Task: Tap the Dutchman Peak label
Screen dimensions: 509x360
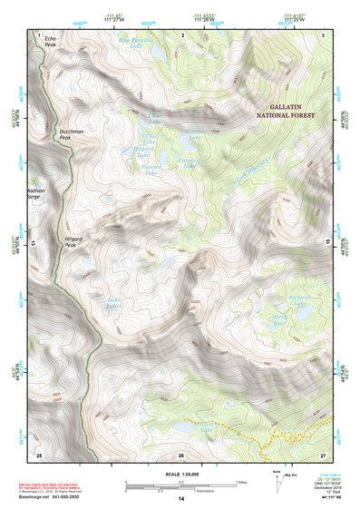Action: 72,134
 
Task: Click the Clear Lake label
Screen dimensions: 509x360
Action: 154,119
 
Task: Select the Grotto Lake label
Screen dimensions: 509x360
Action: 195,134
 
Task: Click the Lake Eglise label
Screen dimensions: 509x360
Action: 114,304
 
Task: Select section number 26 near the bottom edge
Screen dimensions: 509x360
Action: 181,455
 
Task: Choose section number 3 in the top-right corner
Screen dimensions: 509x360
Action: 324,34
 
